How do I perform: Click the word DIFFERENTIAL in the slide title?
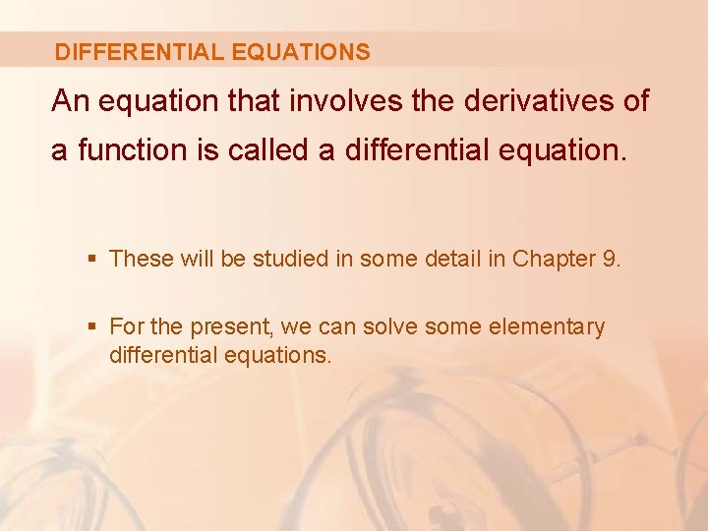pyautogui.click(x=138, y=52)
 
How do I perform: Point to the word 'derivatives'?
pyautogui.click(x=521, y=101)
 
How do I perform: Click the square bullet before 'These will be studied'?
pyautogui.click(x=93, y=260)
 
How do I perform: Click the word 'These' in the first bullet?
pyautogui.click(x=141, y=259)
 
